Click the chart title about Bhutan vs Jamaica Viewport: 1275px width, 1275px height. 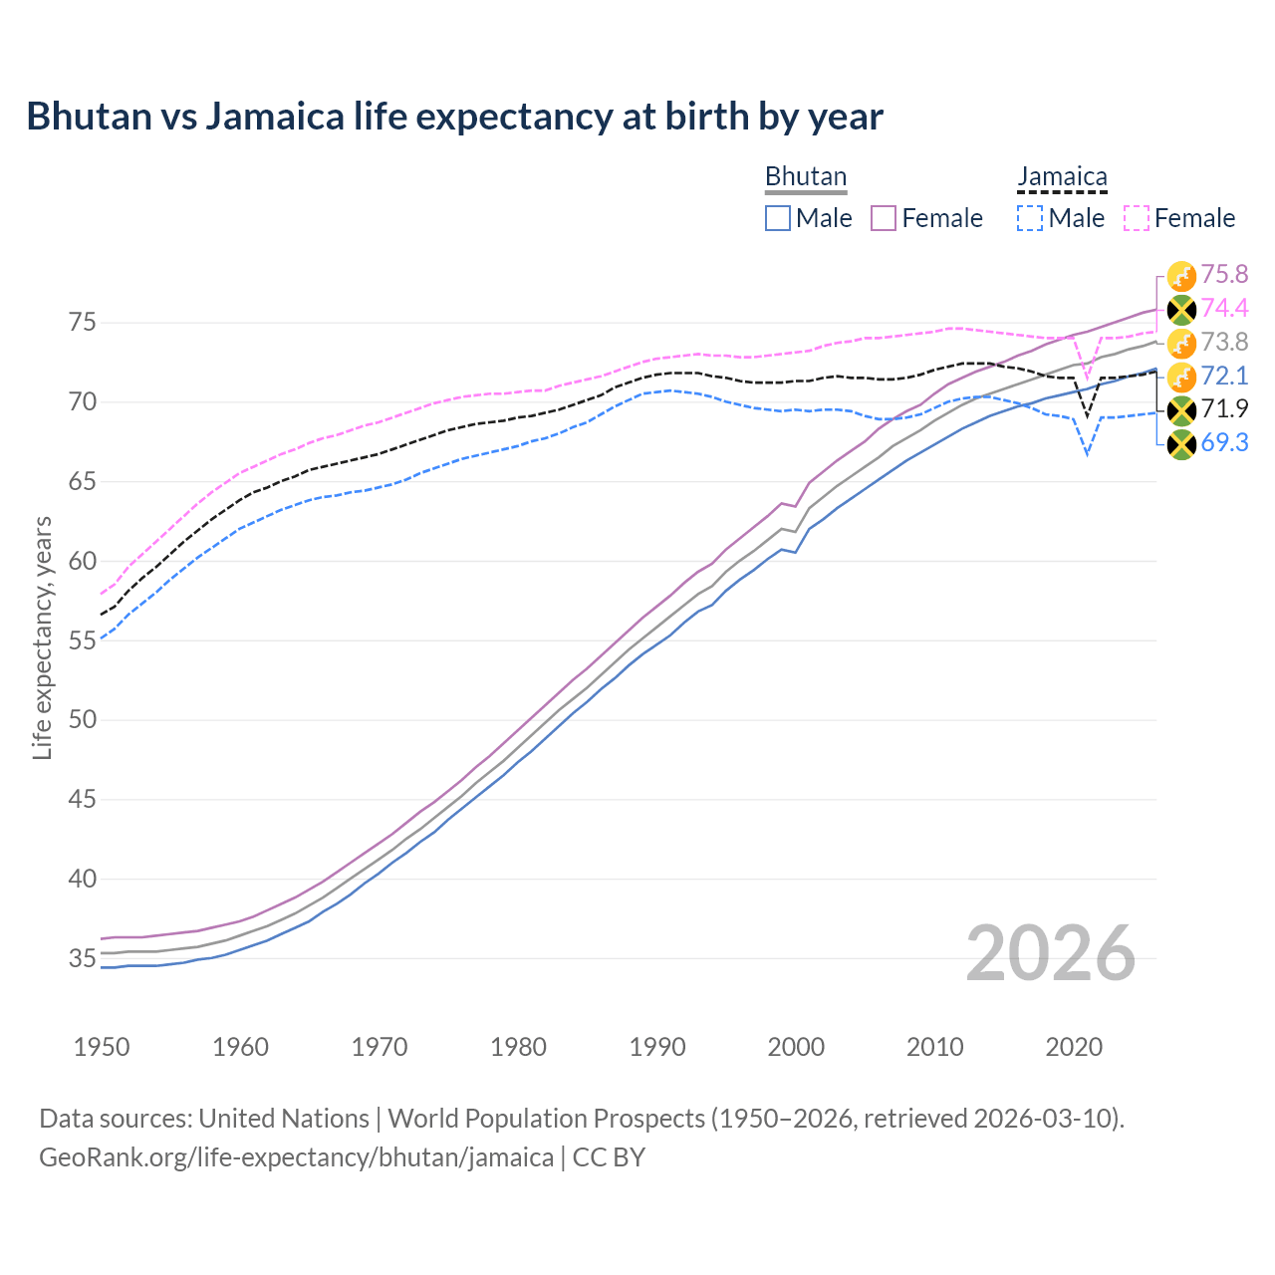[454, 117]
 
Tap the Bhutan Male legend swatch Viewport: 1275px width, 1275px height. [778, 218]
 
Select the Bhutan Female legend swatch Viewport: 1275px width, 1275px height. [884, 218]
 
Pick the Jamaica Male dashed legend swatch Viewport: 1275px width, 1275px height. [1030, 218]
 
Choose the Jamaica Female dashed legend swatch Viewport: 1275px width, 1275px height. [1137, 218]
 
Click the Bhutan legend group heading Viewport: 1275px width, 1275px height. [805, 177]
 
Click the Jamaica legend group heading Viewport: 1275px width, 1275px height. [1062, 177]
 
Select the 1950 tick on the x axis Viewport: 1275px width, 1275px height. [102, 1047]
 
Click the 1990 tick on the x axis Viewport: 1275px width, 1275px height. [657, 1047]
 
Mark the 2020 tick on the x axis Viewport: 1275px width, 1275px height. [1074, 1047]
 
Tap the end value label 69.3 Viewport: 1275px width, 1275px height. [1224, 443]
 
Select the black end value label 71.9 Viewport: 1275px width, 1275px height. [1224, 409]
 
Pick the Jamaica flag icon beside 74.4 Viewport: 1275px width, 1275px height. [1181, 310]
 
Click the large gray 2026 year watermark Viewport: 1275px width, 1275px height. [1050, 953]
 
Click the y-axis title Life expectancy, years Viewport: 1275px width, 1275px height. [43, 637]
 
